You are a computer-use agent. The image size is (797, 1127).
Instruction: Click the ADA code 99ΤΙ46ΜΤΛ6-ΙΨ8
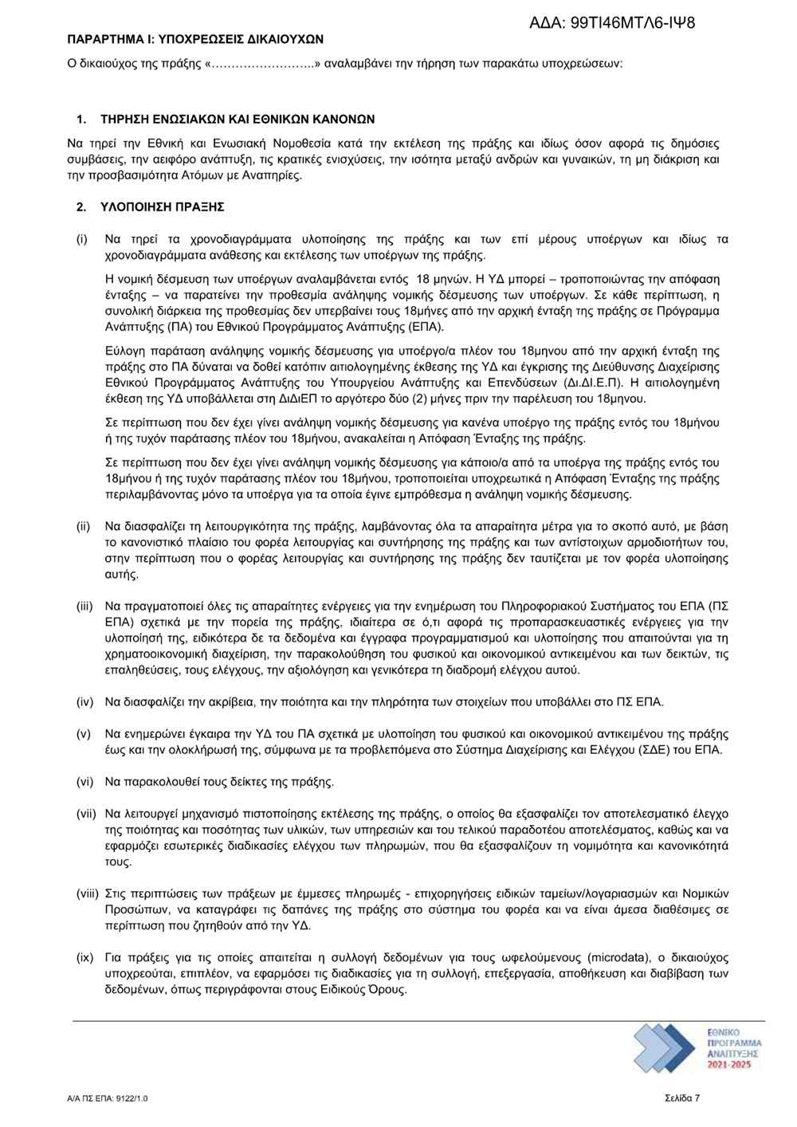612,22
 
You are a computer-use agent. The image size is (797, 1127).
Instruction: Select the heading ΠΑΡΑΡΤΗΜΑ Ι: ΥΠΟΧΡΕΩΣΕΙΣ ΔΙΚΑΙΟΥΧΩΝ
195,37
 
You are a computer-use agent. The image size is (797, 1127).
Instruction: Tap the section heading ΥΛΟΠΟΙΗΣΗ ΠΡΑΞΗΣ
163,207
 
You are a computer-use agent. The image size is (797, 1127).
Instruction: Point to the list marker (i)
82,239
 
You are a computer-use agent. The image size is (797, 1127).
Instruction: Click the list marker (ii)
83,527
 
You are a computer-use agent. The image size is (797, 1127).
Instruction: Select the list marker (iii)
84,607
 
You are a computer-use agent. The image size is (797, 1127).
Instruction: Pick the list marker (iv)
84,702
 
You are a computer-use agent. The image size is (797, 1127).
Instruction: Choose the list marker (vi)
84,782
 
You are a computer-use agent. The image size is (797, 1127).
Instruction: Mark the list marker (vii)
86,814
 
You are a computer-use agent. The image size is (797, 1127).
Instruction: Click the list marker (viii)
87,893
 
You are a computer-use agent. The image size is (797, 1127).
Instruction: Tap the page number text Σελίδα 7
682,1098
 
